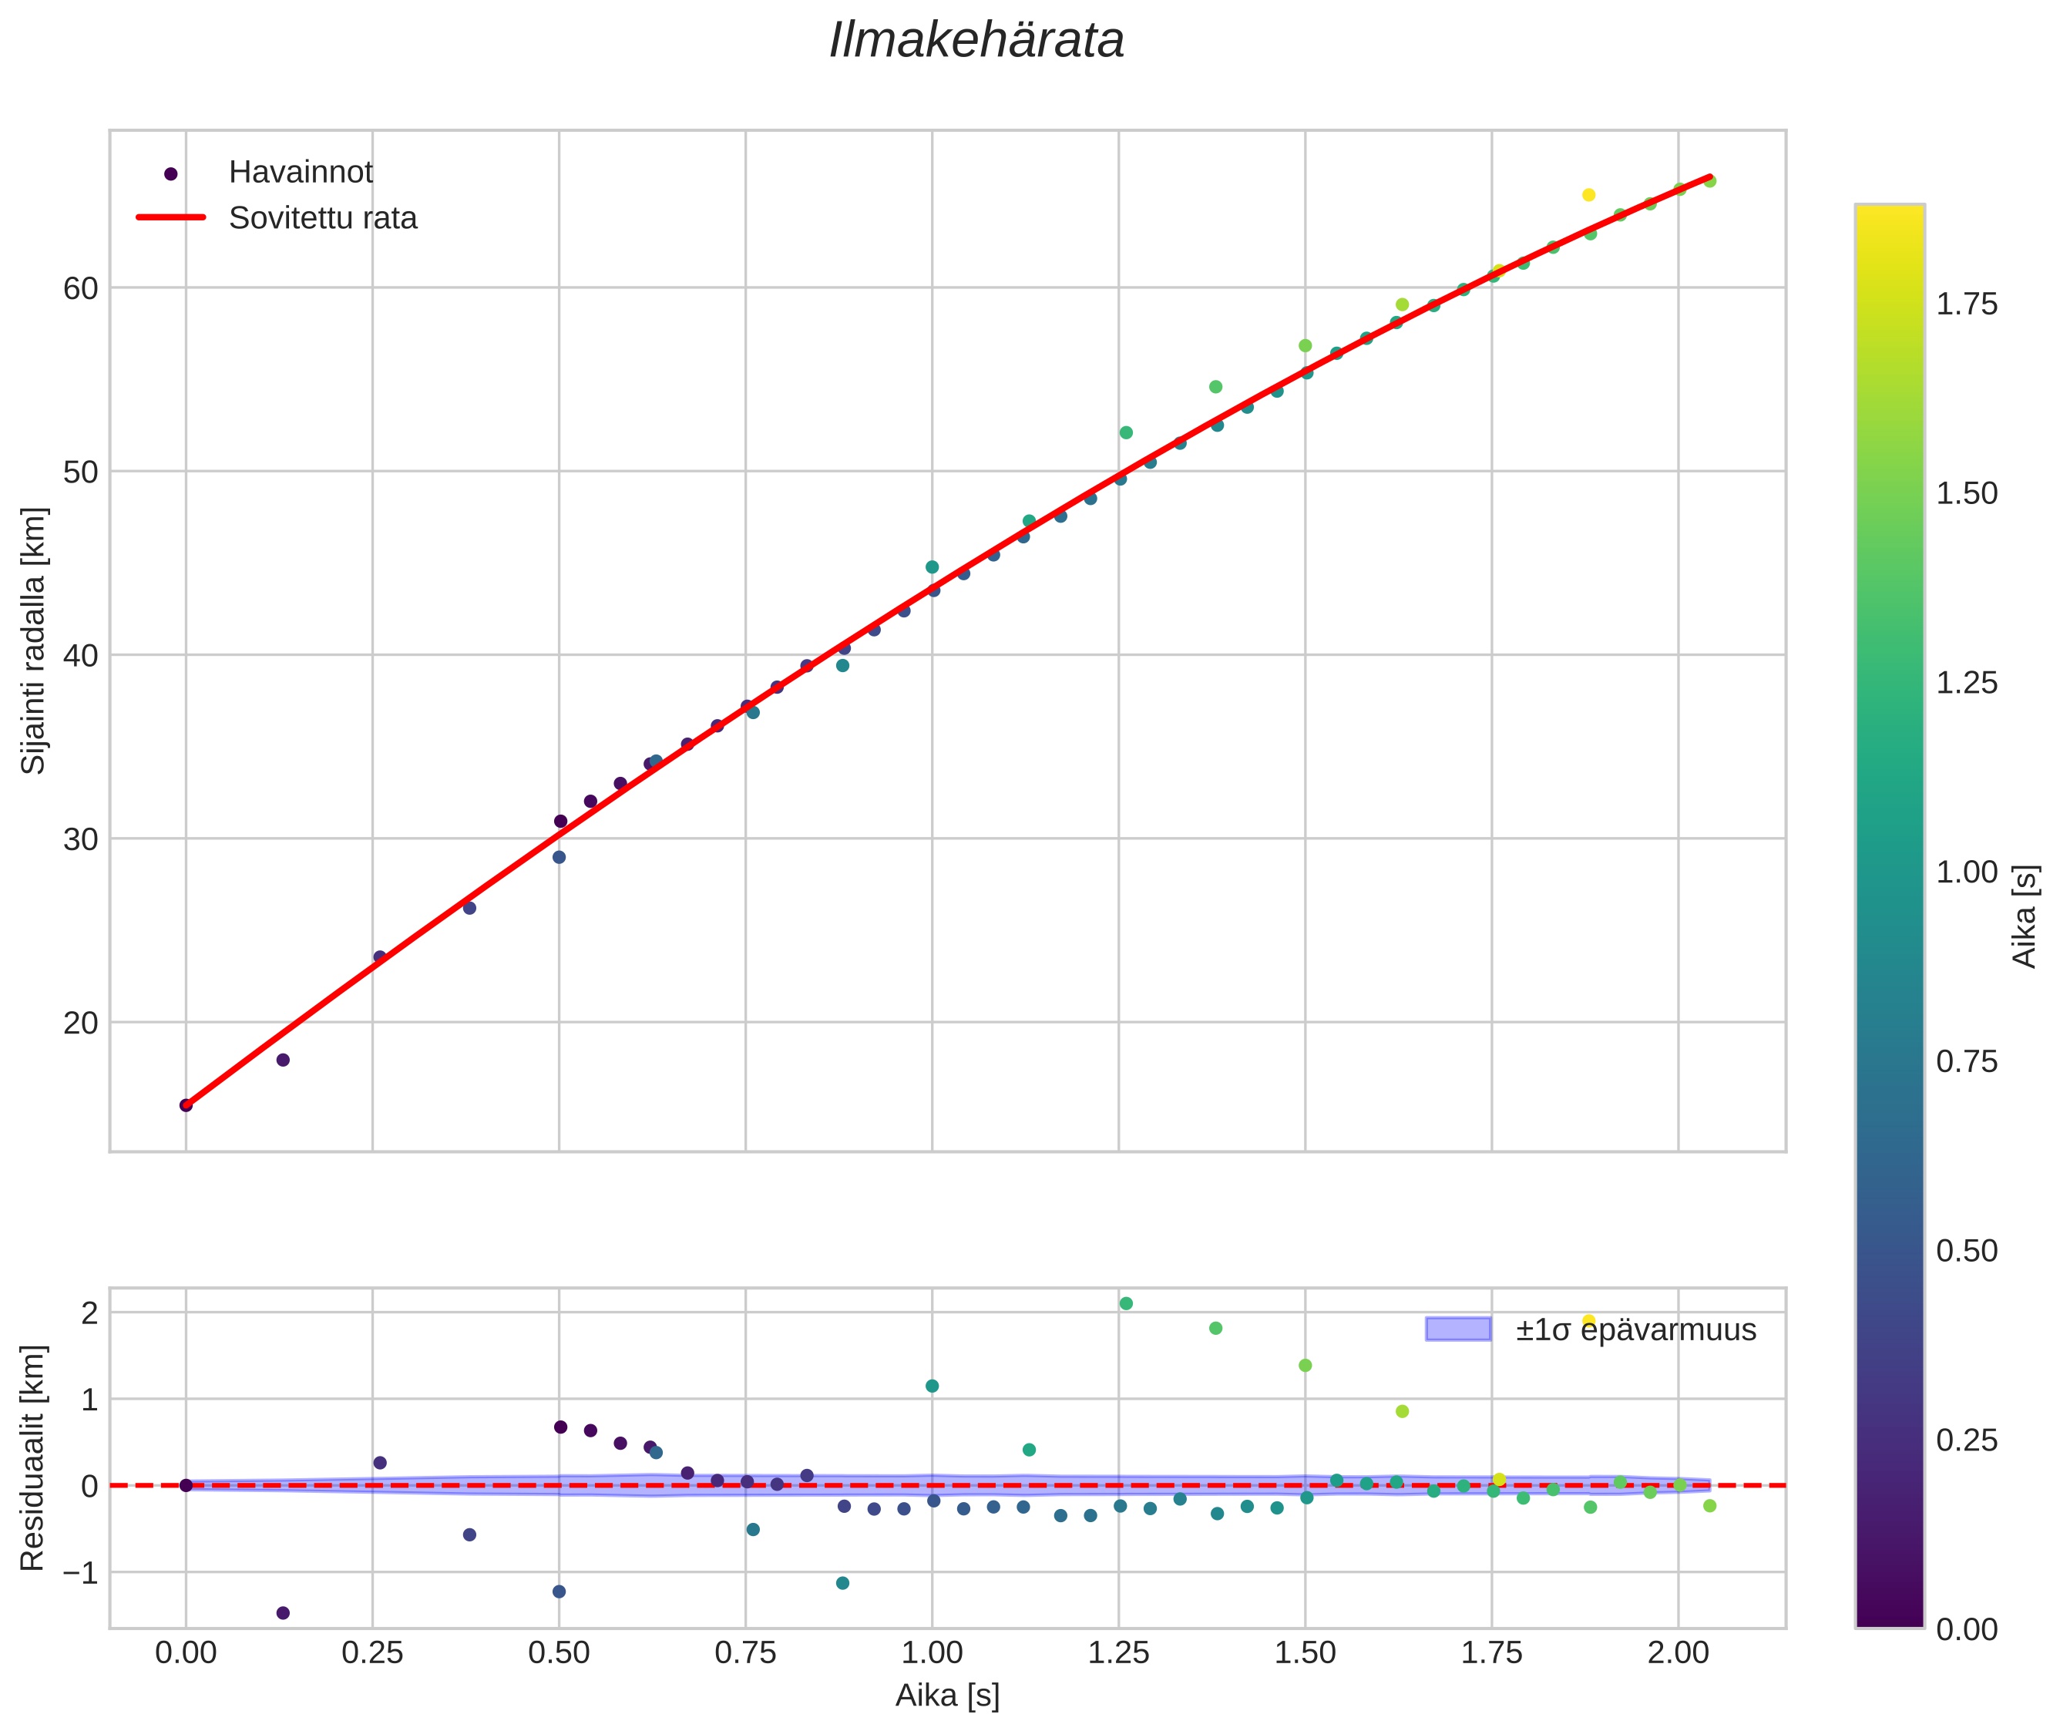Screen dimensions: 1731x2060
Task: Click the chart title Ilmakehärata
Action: coord(976,41)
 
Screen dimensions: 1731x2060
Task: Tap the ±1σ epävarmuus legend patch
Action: coord(1457,1329)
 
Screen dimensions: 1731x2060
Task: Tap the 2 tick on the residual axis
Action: coord(89,1314)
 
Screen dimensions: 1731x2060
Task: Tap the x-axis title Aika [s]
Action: coord(947,1696)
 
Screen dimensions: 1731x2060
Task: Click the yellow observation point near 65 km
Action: coord(1589,195)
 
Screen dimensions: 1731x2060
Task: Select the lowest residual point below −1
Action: coord(283,1613)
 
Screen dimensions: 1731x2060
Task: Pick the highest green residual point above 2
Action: coord(1126,1304)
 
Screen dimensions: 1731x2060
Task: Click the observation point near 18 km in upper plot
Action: coord(283,1060)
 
